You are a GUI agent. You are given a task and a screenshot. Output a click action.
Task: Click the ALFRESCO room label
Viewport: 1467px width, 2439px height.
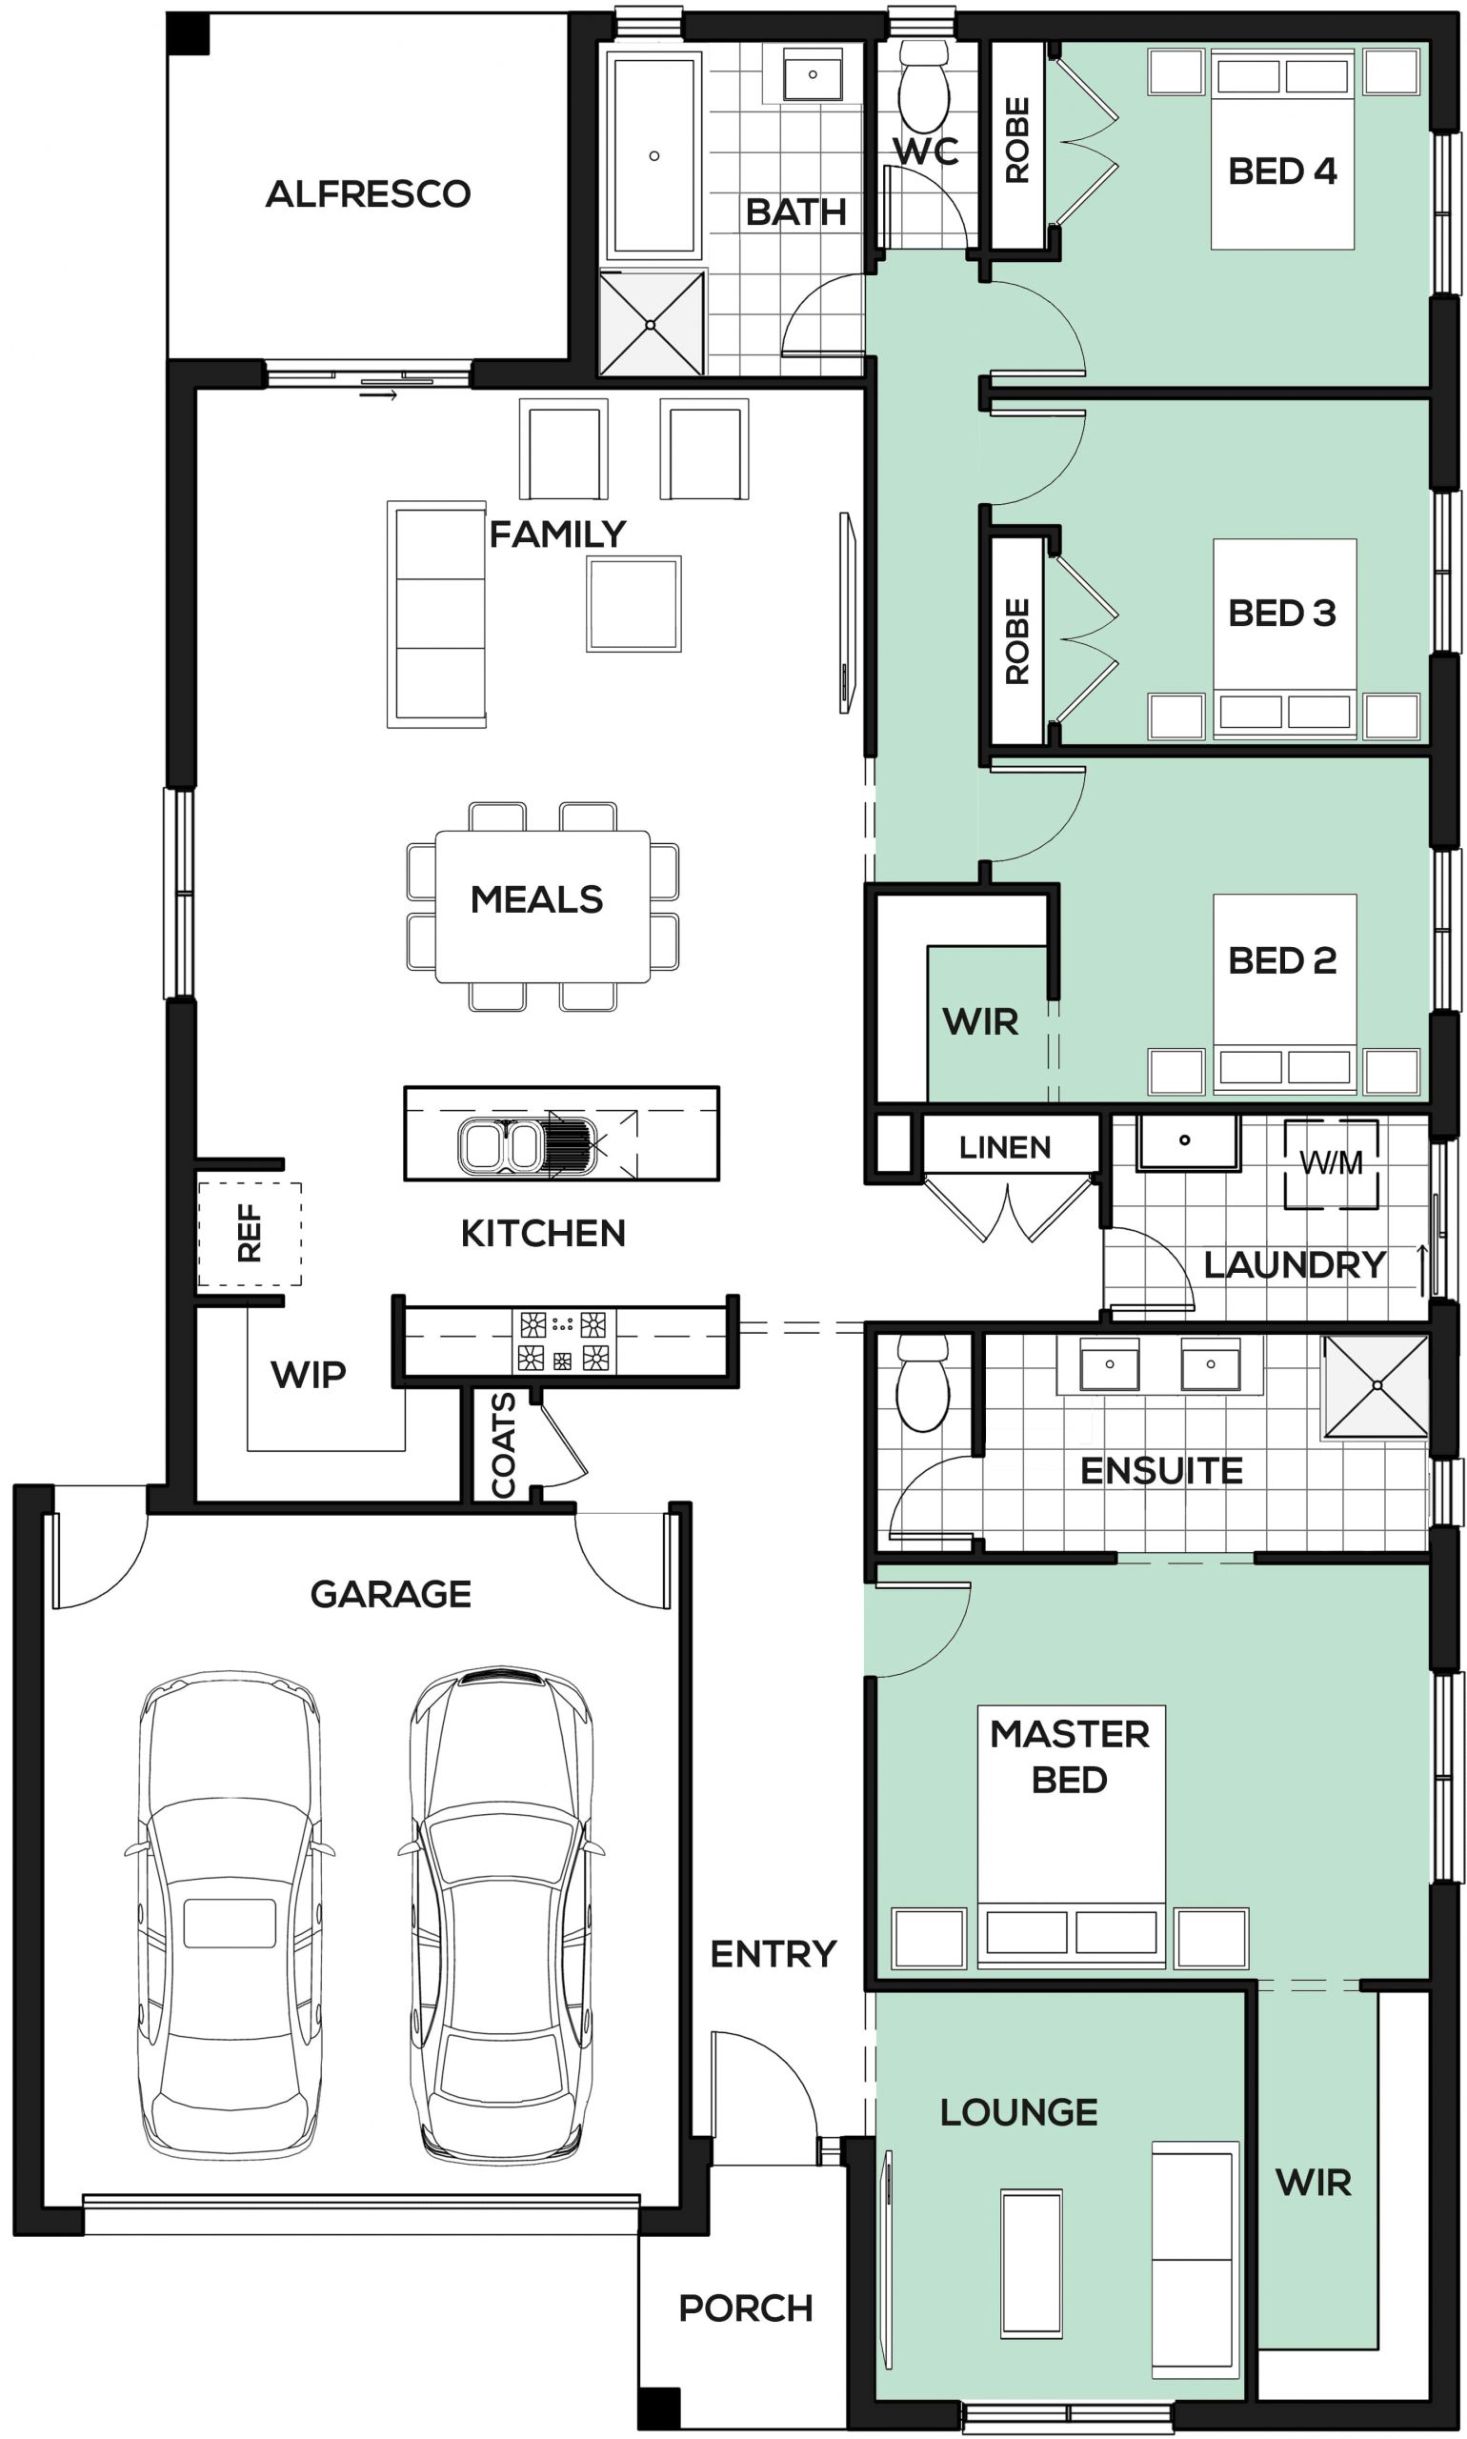[368, 193]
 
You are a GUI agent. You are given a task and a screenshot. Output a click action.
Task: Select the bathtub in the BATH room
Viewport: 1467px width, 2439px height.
[653, 155]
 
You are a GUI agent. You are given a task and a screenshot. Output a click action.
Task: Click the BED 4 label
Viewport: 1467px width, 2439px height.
[1282, 171]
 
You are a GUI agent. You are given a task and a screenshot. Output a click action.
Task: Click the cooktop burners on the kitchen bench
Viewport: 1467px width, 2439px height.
[564, 1340]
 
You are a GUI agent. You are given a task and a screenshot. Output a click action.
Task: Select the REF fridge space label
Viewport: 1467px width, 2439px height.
[250, 1233]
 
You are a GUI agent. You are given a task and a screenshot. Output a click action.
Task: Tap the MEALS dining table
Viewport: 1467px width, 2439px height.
[543, 907]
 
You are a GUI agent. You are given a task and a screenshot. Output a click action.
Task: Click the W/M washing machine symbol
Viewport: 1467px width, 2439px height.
[1331, 1163]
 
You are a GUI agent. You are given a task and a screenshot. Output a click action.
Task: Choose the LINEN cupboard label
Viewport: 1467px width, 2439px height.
[1004, 1147]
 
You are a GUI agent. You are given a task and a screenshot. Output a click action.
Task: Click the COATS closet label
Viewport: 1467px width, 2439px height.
[503, 1445]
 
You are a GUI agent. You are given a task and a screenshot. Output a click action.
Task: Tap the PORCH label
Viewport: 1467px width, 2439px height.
[745, 2308]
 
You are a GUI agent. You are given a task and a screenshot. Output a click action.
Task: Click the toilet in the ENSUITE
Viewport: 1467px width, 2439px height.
[922, 1383]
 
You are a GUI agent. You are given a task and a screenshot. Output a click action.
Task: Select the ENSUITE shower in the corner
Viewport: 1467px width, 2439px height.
[1377, 1386]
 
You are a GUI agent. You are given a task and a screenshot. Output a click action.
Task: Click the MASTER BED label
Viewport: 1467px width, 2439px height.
[1070, 1757]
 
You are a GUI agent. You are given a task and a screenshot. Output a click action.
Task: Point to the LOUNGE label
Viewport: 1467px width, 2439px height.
[1018, 2113]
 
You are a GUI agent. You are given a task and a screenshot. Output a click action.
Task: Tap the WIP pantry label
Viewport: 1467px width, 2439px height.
[309, 1374]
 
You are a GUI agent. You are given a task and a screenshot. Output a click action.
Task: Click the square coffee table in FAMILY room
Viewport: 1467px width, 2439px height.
[633, 604]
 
